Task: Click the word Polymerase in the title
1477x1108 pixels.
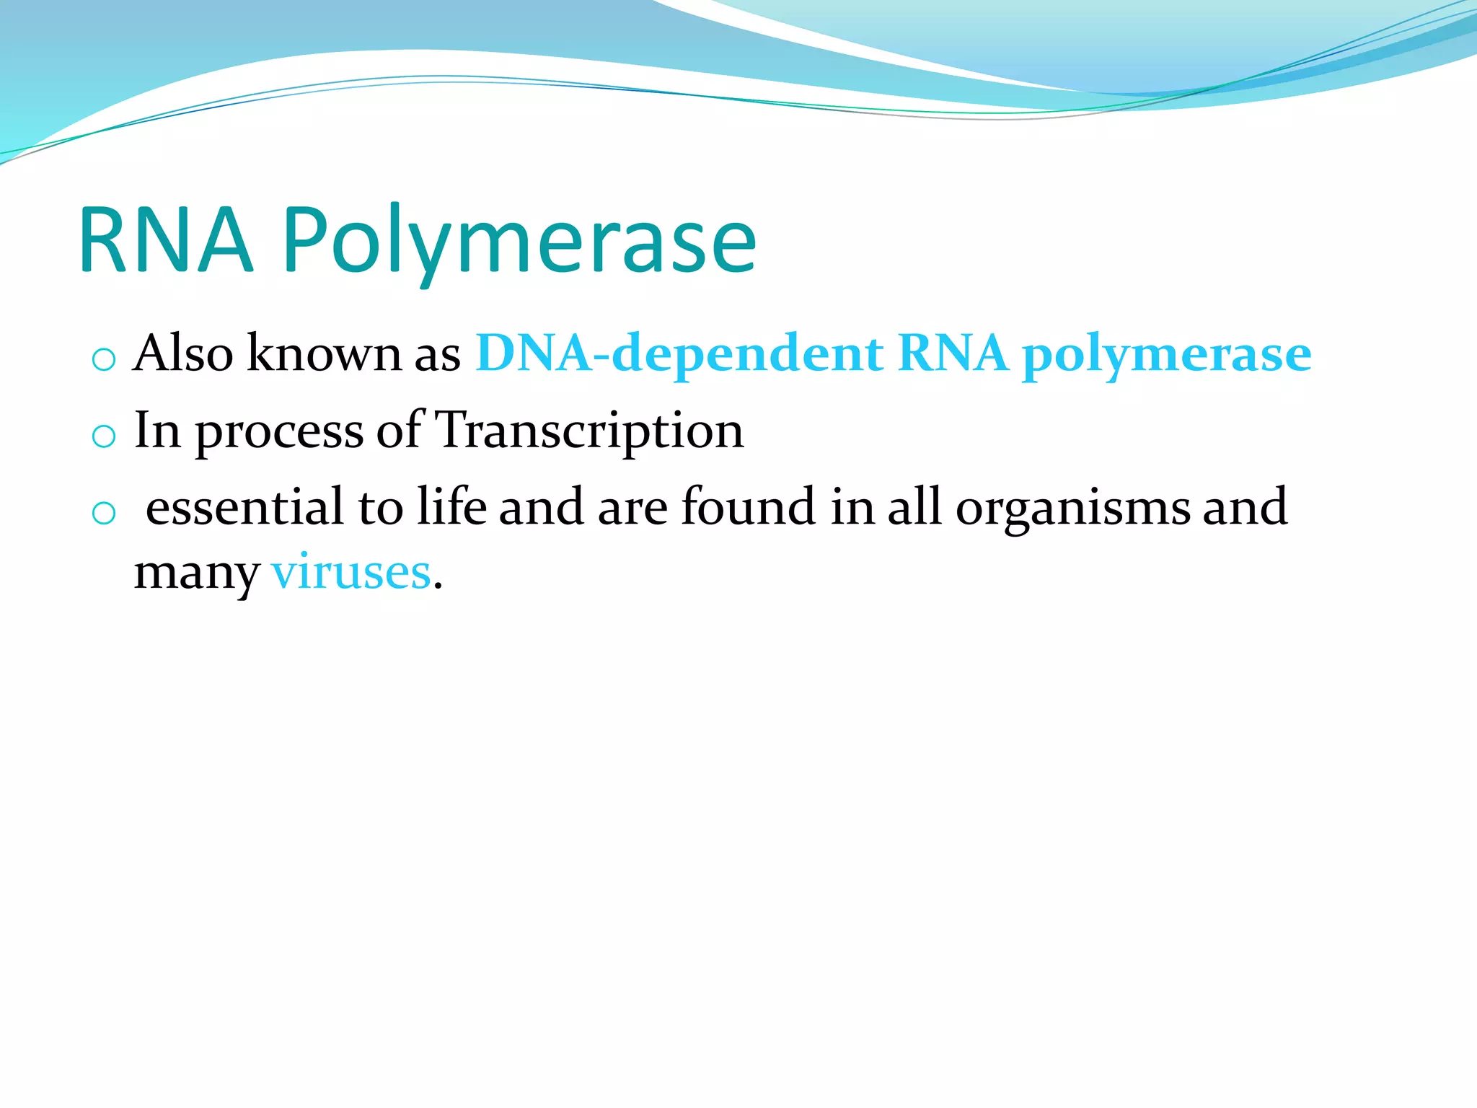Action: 519,242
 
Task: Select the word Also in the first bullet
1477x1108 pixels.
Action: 183,353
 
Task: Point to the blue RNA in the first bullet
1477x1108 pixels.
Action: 953,353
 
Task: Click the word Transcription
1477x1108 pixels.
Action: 590,431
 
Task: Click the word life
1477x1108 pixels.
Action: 452,506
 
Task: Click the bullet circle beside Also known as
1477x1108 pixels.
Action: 104,359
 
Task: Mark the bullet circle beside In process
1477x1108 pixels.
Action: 104,436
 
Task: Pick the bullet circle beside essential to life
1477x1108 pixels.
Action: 104,514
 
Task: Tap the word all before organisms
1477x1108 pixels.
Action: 914,506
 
